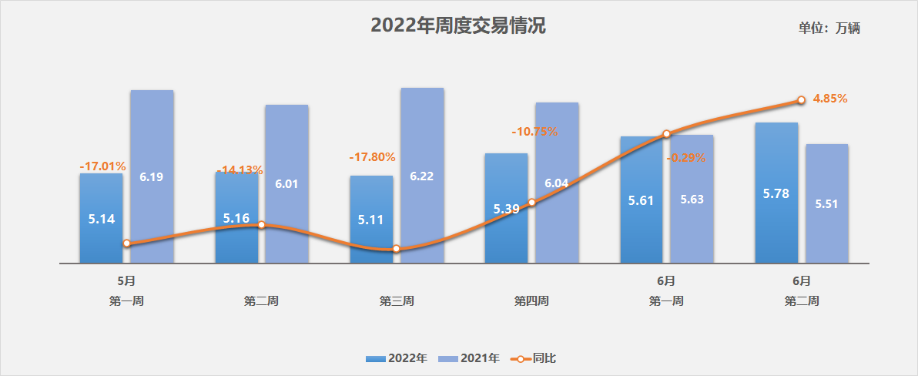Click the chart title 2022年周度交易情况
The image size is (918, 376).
[458, 25]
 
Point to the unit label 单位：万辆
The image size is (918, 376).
[829, 29]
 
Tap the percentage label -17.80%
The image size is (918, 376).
[372, 157]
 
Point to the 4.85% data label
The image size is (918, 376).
[830, 99]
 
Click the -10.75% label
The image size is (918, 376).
[534, 132]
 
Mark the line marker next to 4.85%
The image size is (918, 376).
[801, 100]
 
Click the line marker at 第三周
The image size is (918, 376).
[396, 249]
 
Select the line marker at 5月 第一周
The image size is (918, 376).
[126, 243]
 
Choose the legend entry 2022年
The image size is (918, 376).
[397, 358]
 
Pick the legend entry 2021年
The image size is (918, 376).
[470, 358]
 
